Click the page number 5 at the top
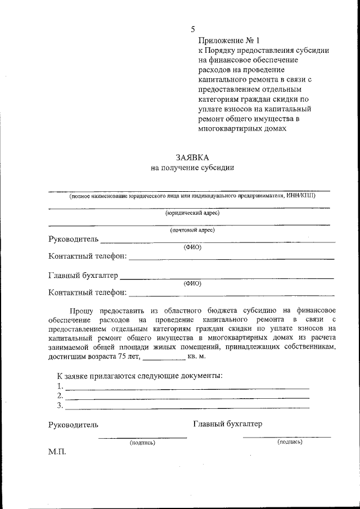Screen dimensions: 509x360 coord(193,29)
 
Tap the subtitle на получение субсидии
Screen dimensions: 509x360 coord(192,168)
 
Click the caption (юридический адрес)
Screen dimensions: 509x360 coord(192,213)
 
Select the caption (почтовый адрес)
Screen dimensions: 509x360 coord(192,230)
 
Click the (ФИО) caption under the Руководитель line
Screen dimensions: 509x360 coord(192,247)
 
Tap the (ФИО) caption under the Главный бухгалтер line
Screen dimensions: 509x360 coord(192,283)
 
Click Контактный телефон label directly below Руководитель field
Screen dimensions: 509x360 coord(88,256)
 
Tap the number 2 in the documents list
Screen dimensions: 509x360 coord(60,395)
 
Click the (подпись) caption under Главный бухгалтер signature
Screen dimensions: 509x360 coord(290,442)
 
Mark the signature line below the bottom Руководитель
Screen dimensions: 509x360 coord(142,437)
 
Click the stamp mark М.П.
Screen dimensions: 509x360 coord(57,452)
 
